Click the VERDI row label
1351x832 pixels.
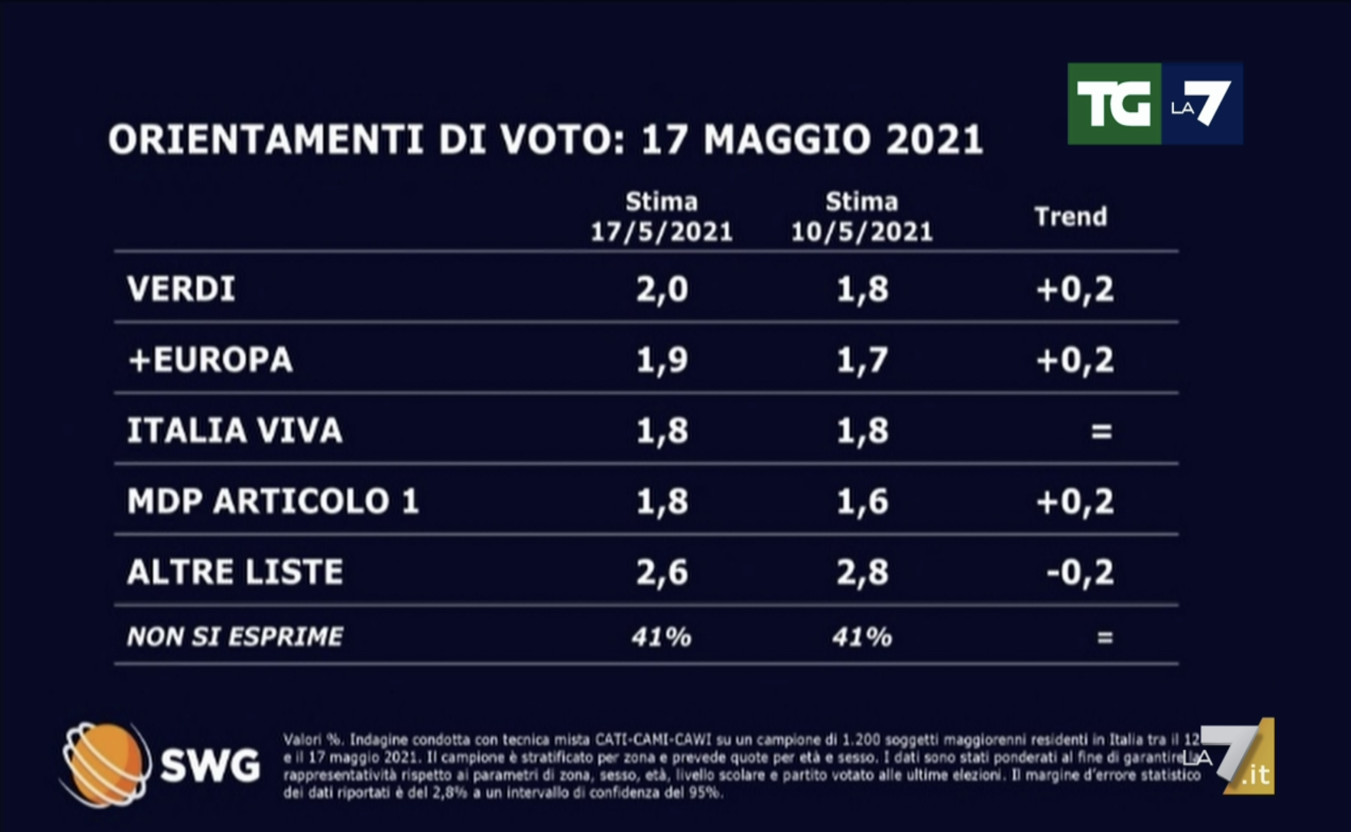click(x=181, y=289)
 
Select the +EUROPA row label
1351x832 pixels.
click(x=210, y=360)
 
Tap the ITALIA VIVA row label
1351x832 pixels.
click(x=235, y=431)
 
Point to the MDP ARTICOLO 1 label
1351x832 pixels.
click(x=273, y=501)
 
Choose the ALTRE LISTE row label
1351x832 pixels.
click(x=235, y=572)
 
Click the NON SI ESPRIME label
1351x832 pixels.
click(x=235, y=637)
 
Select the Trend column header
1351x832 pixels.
click(x=1070, y=216)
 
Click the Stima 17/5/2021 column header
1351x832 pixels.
click(x=662, y=216)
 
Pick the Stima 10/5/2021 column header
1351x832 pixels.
click(x=862, y=216)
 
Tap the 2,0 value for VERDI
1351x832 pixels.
click(x=662, y=289)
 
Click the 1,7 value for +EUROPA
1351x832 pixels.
click(x=862, y=360)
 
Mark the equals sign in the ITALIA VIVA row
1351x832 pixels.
click(x=1102, y=432)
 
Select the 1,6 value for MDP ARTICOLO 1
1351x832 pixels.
click(x=862, y=501)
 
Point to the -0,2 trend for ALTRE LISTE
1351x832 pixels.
click(x=1080, y=572)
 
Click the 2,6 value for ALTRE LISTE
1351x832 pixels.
click(x=662, y=572)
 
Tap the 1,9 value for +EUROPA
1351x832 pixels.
click(x=662, y=360)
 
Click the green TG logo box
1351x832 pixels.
click(x=1114, y=104)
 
